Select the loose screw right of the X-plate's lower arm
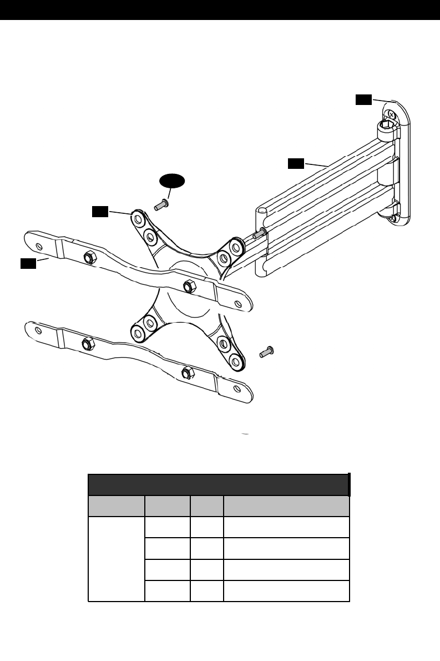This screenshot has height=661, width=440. (x=267, y=351)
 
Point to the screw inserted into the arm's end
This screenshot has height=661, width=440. (x=259, y=234)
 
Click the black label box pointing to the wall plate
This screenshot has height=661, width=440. (x=363, y=99)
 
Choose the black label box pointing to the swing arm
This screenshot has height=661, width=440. (x=296, y=163)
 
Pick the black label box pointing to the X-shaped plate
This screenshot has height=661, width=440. (x=100, y=211)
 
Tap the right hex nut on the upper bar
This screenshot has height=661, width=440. (x=189, y=286)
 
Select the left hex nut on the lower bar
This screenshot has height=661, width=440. (x=87, y=342)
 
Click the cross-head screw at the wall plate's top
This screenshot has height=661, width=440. (x=391, y=115)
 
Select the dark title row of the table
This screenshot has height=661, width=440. (x=219, y=484)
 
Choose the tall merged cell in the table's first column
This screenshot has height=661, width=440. (x=116, y=559)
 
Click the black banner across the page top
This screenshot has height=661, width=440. (x=220, y=10)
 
